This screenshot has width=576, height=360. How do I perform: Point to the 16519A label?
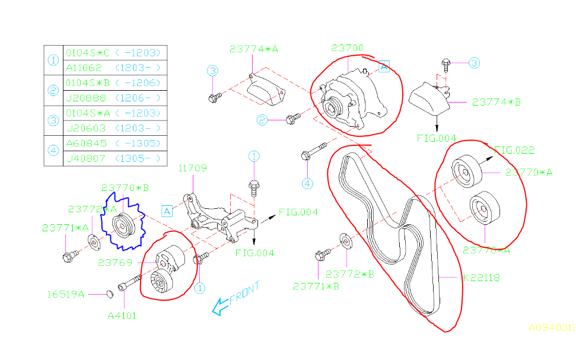66,294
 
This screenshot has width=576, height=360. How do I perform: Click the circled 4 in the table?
53,151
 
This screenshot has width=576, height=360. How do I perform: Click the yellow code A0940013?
552,327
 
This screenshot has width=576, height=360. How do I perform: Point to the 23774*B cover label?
497,102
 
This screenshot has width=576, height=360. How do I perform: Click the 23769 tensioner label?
114,262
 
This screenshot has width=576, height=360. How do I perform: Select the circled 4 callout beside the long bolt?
307,183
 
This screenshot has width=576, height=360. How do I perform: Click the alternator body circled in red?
350,98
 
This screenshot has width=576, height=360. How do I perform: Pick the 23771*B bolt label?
316,286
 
